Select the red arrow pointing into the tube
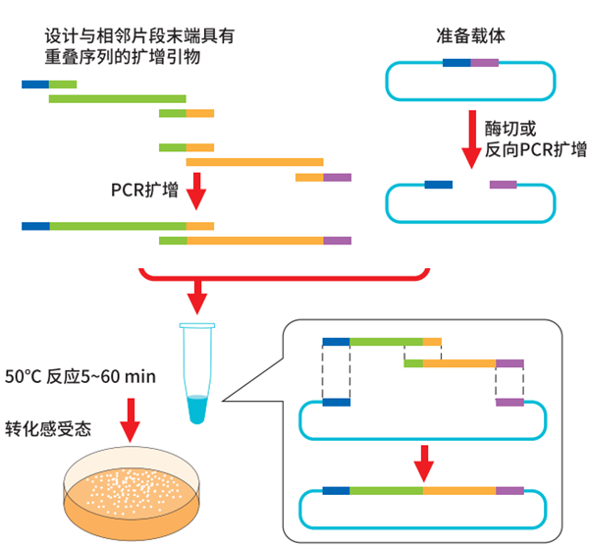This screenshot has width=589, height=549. [x=199, y=293]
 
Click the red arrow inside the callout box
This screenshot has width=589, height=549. [x=424, y=459]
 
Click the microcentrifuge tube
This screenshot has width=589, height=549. [x=199, y=374]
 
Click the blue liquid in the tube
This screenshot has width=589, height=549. [x=199, y=408]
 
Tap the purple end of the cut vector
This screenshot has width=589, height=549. [x=503, y=184]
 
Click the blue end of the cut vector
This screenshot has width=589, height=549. [x=438, y=184]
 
